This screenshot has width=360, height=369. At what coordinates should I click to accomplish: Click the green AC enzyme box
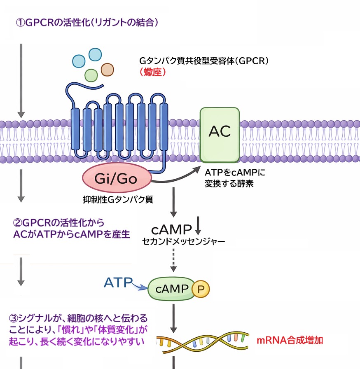point(220,135)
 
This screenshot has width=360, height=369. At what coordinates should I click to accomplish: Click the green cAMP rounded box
point(171,289)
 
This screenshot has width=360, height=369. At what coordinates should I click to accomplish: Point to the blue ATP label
point(118,283)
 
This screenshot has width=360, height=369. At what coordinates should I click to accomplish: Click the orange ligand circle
point(107,69)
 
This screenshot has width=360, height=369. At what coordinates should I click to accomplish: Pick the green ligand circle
point(91,75)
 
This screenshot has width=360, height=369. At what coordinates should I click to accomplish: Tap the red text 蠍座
point(153,72)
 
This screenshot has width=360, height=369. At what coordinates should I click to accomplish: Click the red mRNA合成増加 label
point(290,340)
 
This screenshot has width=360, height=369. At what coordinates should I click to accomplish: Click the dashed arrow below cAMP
point(174,259)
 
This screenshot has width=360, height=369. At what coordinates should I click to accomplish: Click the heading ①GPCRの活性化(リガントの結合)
point(87,23)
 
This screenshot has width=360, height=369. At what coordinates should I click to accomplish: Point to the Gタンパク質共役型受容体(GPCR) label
point(204,61)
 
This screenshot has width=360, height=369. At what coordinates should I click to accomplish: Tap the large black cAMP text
point(172,229)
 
